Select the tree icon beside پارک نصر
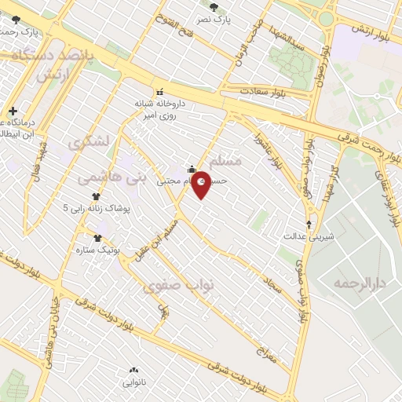236,7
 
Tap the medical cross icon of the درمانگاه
12,111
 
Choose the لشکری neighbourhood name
86,144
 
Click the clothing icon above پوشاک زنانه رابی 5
95,197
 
